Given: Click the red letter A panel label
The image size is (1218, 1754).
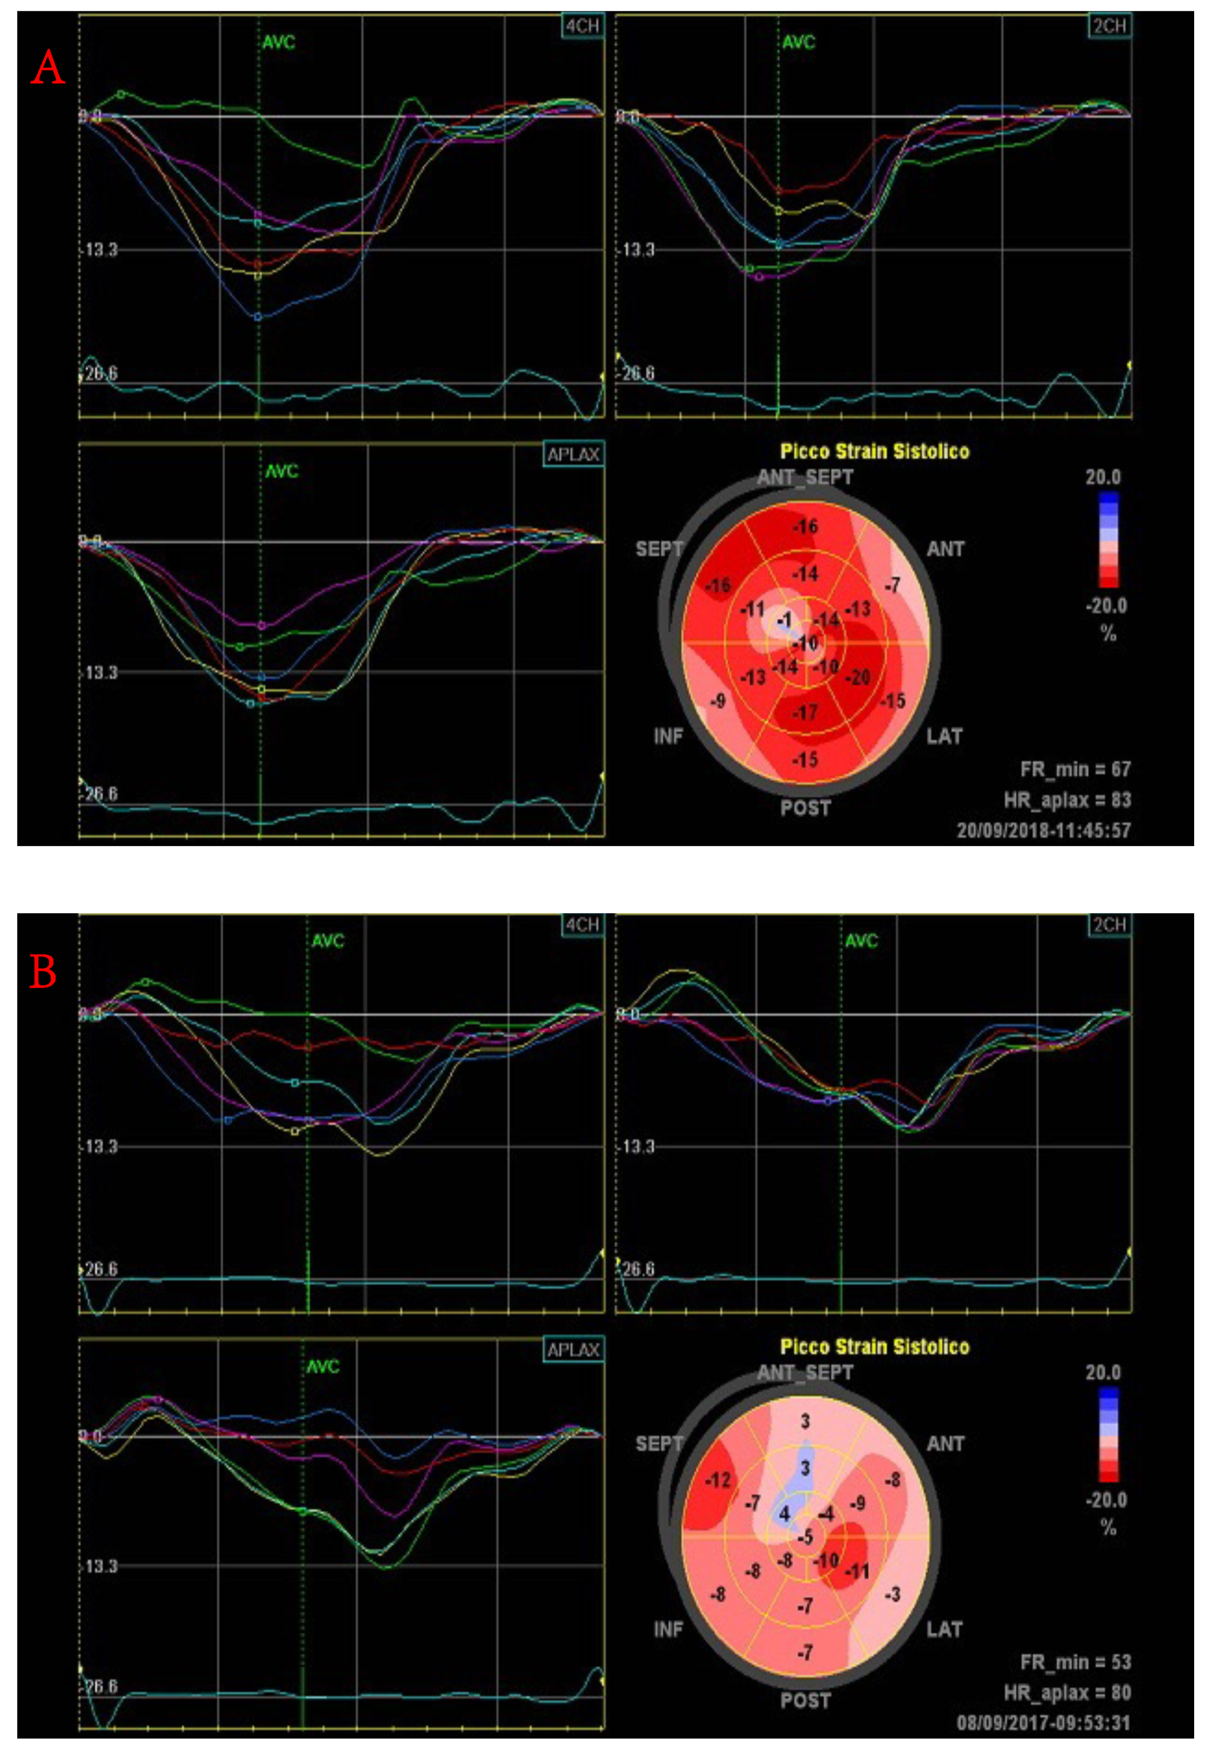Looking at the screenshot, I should (47, 69).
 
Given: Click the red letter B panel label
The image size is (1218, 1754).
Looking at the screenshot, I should (43, 973).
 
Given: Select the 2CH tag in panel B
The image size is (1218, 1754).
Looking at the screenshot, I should (1109, 925).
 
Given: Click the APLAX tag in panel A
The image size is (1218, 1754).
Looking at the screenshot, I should (573, 455).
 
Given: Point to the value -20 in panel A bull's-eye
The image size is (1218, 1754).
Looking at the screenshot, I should (859, 677).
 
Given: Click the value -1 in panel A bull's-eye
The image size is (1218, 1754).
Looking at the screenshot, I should (784, 621).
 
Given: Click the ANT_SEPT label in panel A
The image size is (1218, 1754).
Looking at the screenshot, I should (805, 477).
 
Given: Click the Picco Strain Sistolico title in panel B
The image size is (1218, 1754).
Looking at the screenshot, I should (875, 1346).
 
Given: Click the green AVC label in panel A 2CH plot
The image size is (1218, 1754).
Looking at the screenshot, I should (798, 42).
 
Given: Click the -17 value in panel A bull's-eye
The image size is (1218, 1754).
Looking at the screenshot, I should (805, 713).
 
